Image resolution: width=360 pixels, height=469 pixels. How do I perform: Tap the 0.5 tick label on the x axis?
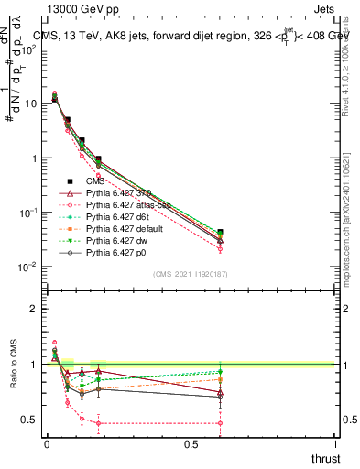[x=191, y=443]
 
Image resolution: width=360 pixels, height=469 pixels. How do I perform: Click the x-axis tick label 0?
[x=46, y=443]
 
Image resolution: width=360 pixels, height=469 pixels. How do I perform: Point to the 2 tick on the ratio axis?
[x=34, y=309]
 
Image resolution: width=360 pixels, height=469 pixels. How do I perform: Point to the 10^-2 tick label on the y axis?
[x=27, y=267]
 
